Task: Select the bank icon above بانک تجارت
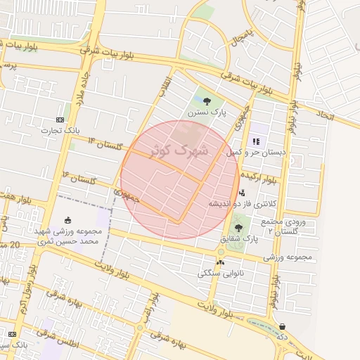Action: pos(60,120)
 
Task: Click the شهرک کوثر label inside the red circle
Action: pos(179,150)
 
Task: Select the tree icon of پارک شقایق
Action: pos(238,228)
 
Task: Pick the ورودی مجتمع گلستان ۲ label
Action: pos(288,226)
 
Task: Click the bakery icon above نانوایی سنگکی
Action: pos(221,262)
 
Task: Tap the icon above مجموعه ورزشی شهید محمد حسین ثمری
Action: pos(67,220)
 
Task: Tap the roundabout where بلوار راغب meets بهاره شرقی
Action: pos(140,328)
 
